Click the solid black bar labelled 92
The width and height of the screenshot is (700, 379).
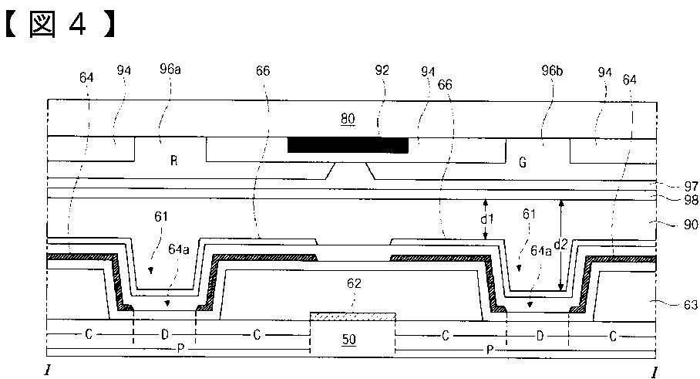348,145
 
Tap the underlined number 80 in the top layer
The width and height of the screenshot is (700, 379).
348,118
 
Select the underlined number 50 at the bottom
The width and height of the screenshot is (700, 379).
349,339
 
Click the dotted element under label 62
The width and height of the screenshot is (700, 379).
352,316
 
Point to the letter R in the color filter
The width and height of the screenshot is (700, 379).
174,161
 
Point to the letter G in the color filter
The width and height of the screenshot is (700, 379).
523,162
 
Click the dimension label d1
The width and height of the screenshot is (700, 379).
486,219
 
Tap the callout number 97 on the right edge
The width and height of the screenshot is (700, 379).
690,186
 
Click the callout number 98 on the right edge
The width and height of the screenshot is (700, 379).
690,199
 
